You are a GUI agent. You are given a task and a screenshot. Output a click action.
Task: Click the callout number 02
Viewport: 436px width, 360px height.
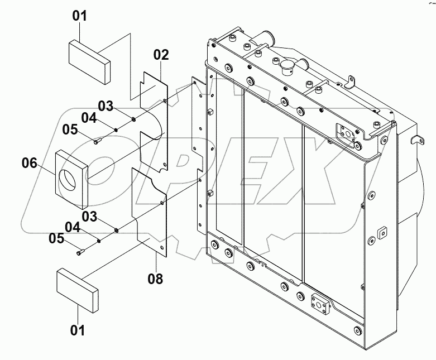[161, 55]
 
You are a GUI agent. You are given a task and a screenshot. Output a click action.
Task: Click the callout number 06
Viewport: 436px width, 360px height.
[30, 163]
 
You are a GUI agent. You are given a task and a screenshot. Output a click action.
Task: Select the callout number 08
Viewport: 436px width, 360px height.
[155, 277]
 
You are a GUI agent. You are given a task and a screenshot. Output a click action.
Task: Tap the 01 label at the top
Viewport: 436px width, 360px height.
[80, 16]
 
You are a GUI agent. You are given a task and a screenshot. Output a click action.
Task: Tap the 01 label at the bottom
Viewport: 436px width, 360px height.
[78, 330]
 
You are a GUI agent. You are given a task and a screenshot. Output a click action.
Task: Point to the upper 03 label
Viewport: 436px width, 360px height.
[106, 105]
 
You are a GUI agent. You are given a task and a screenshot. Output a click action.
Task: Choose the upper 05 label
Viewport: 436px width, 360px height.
[70, 129]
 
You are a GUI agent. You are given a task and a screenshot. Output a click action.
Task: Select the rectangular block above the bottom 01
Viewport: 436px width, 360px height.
[77, 290]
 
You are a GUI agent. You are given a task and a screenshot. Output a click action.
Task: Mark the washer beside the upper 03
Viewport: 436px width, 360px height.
[135, 119]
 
